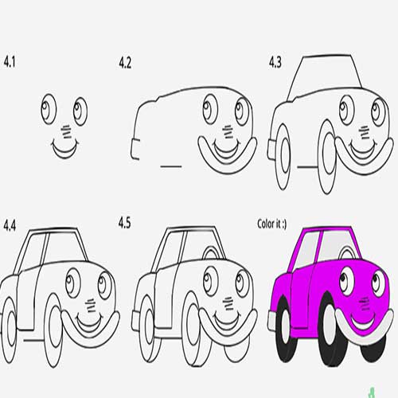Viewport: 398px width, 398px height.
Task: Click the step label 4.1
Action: click(10, 62)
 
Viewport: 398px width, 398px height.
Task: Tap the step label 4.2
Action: click(125, 63)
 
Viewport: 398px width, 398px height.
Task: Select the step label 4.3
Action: click(275, 63)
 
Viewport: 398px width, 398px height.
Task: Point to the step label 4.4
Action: click(10, 226)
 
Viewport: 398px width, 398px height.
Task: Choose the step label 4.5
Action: click(124, 223)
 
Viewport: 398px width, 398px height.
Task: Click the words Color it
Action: click(269, 224)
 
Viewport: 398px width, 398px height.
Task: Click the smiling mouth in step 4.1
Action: click(65, 150)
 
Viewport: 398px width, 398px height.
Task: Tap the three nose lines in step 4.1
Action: click(67, 132)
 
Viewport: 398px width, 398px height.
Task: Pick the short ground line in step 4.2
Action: click(171, 166)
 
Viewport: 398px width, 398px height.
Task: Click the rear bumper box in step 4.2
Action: click(135, 149)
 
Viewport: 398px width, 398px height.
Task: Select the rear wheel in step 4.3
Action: click(283, 157)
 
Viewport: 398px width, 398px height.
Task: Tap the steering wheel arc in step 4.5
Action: click(213, 253)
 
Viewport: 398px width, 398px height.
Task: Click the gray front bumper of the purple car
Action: click(364, 329)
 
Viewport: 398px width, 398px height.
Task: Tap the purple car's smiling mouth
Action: click(364, 321)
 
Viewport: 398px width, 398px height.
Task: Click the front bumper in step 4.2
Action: click(228, 158)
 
